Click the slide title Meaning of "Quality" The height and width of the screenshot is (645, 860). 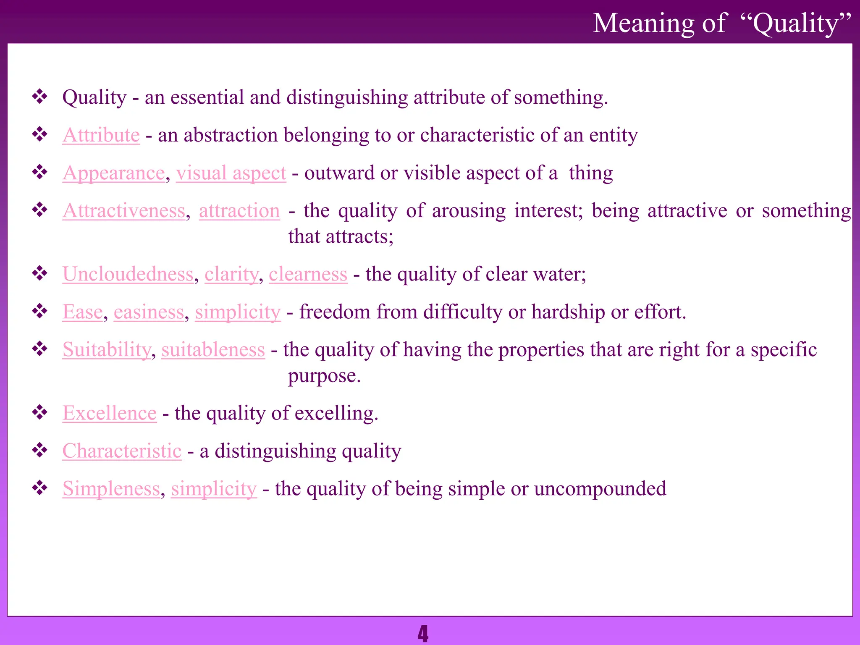coord(722,23)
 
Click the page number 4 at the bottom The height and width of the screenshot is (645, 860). coord(423,634)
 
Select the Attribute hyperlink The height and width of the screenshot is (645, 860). coord(101,135)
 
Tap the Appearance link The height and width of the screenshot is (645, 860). coord(114,173)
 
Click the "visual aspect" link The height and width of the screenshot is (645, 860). coord(231,173)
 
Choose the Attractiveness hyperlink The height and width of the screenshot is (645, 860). coord(124,211)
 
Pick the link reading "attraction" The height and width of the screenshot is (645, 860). coord(239,211)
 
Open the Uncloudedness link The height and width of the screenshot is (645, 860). coord(128,274)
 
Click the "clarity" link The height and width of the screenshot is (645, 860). coord(231,274)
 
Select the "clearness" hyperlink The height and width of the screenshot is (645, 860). coord(308,274)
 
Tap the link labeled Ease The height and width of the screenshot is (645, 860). coord(83,312)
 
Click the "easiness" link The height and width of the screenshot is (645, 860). coord(149,312)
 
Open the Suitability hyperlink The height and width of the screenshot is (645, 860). coord(107,350)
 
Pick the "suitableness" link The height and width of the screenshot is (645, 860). coord(213,350)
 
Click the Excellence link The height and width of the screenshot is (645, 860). coord(110,413)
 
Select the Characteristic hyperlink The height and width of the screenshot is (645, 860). coord(122,451)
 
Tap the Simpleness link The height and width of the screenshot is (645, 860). coord(111,489)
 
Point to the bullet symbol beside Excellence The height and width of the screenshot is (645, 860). coord(40,413)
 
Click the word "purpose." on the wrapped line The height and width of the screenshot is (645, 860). coord(324,376)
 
